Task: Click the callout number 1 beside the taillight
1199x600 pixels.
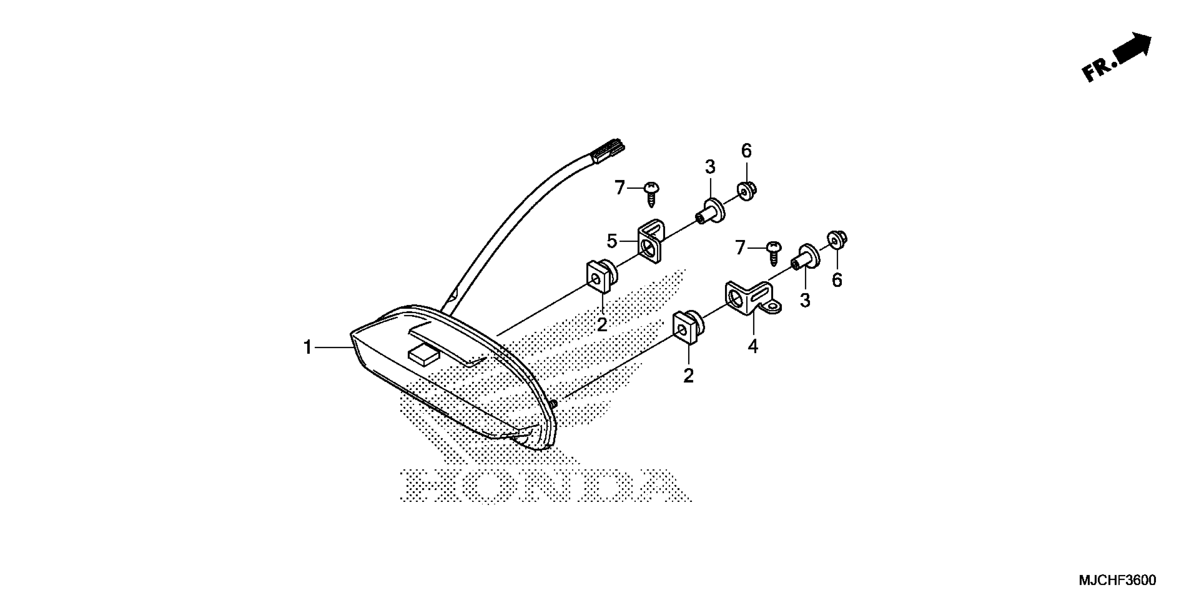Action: pos(308,347)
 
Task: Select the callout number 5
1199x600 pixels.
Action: pos(611,241)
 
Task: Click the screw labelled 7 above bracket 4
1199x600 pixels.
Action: pos(774,252)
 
